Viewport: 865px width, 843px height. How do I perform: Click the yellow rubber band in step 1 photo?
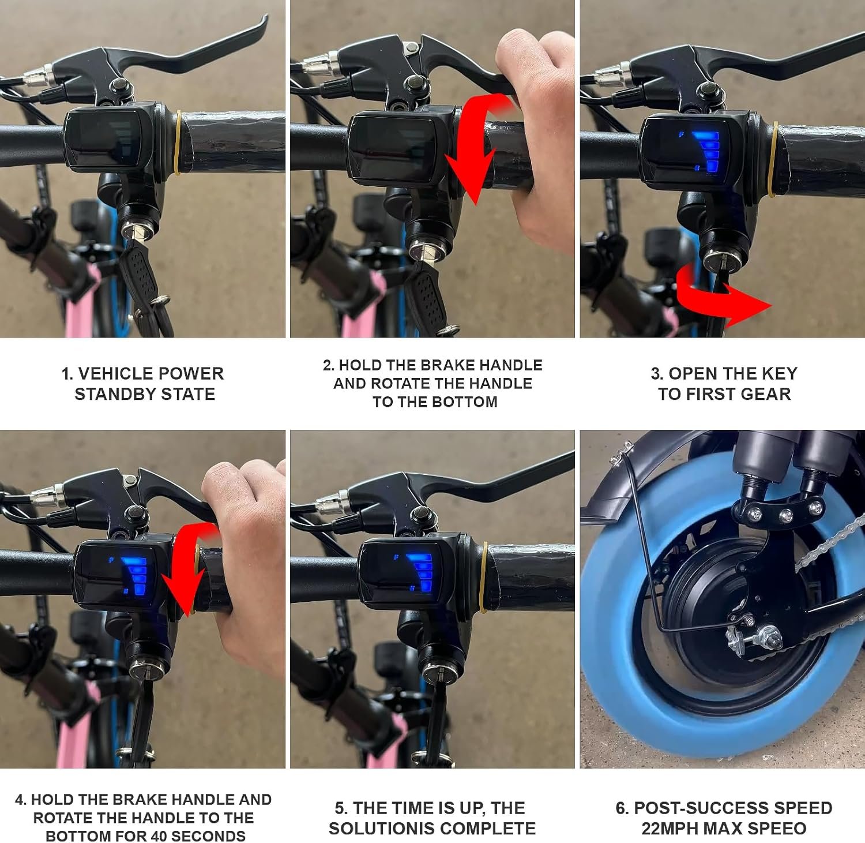pyautogui.click(x=178, y=143)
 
